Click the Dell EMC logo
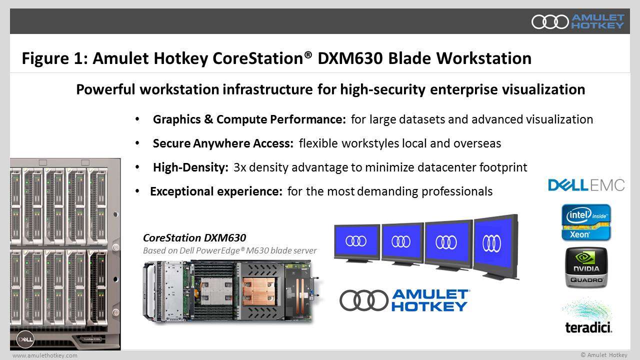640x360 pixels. point(586,185)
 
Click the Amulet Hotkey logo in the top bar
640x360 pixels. point(577,21)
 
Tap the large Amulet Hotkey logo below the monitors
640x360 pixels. point(404,300)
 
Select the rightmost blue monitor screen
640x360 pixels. point(492,242)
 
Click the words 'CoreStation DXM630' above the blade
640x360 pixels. point(194,238)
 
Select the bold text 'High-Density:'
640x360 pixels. point(190,167)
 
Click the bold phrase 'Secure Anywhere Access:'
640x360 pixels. point(223,143)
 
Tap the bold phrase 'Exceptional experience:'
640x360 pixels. point(216,191)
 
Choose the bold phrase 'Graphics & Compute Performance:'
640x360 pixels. point(249,119)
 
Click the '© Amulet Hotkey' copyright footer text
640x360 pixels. point(604,354)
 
